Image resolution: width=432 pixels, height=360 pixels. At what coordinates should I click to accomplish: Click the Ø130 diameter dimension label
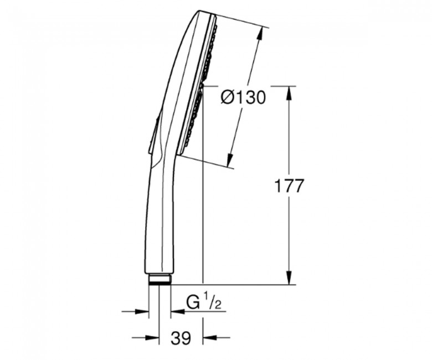(x=243, y=97)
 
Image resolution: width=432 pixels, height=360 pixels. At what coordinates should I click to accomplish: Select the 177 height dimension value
(x=289, y=186)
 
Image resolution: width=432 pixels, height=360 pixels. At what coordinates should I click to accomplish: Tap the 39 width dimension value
(x=181, y=338)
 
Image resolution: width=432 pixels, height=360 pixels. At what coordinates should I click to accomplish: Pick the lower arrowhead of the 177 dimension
(x=289, y=277)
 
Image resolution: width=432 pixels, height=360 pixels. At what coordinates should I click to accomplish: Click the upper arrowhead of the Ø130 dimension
(x=260, y=34)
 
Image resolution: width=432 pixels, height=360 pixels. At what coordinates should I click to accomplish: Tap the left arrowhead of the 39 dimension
(x=152, y=337)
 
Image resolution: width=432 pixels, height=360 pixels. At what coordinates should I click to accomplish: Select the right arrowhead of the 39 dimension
(x=210, y=337)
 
